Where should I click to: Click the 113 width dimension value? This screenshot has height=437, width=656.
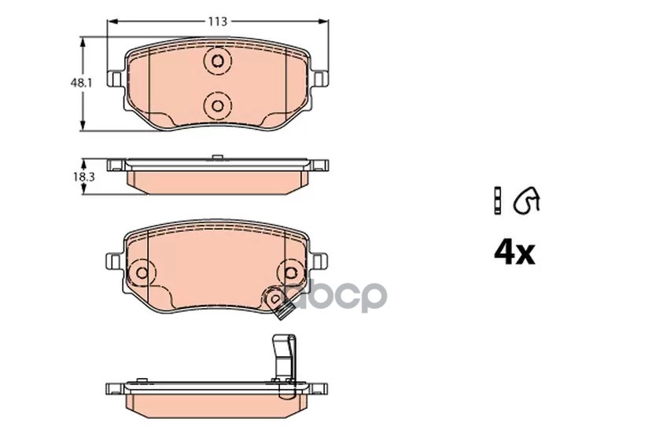[x=218, y=21]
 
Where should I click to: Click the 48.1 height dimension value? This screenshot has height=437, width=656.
[x=81, y=83]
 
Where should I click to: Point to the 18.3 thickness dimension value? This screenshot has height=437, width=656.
[x=83, y=177]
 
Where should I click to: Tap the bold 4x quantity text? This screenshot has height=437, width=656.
[x=514, y=253]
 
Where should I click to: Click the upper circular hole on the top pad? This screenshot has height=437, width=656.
[x=218, y=62]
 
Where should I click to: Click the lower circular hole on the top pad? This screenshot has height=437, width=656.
[x=218, y=105]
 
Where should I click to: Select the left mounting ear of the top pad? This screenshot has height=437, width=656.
[x=116, y=79]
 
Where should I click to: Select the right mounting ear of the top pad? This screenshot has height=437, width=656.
[x=320, y=79]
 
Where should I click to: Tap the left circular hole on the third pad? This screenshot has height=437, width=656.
[x=142, y=273]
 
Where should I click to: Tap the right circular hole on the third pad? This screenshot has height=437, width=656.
[x=291, y=273]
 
